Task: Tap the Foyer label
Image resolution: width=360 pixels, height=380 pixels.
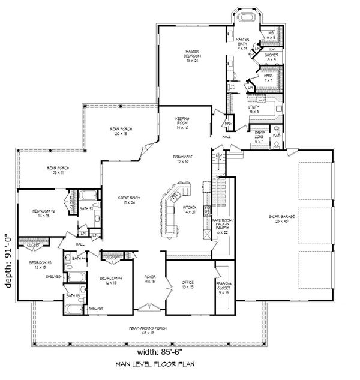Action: (150, 279)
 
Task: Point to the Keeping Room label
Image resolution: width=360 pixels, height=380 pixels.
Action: (183, 122)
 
